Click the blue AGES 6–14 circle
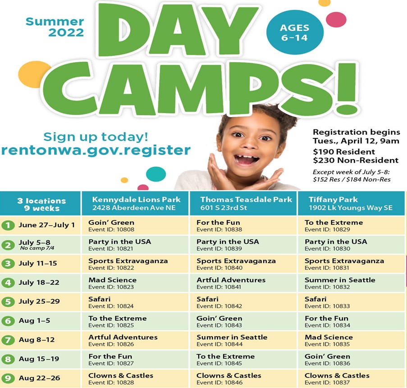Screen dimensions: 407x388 point(295,32)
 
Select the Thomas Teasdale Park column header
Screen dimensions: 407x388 point(243,204)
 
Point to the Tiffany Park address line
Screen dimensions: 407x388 point(350,208)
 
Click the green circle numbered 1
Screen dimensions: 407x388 point(8,225)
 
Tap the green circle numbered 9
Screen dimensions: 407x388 point(8,378)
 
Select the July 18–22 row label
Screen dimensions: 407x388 point(39,283)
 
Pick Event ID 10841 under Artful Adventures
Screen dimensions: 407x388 point(219,287)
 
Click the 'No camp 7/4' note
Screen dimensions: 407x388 point(37,248)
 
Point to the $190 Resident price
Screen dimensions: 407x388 point(344,152)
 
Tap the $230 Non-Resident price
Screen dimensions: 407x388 point(356,160)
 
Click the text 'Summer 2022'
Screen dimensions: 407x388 point(55,27)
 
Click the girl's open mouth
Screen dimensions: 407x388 point(246,159)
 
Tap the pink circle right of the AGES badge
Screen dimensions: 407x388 point(336,19)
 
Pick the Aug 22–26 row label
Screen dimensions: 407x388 point(39,378)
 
